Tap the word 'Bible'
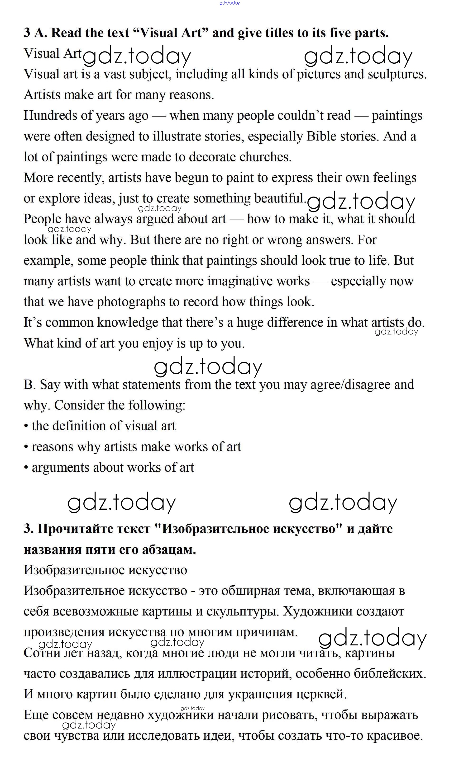point(320,136)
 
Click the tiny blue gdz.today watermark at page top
point(229,3)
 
